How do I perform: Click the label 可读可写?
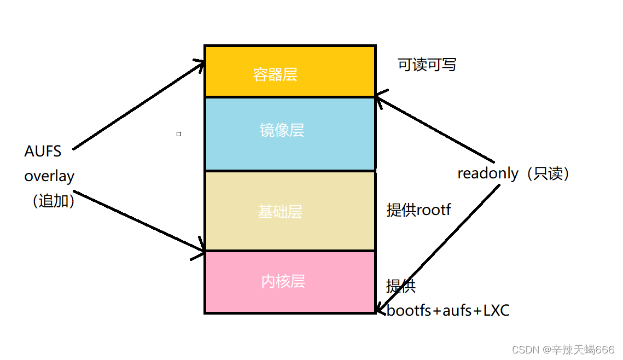[x=427, y=65]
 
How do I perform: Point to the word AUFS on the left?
[x=43, y=152]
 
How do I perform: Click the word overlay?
[x=49, y=177]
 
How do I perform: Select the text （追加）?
[x=50, y=201]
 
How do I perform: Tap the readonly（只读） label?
[x=515, y=173]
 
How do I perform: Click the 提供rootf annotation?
[x=418, y=210]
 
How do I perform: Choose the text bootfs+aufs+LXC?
[x=448, y=311]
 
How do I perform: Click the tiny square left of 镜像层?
[x=179, y=133]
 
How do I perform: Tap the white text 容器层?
[x=275, y=74]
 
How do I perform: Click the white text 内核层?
[x=283, y=281]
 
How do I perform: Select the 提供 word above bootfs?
[x=401, y=286]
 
